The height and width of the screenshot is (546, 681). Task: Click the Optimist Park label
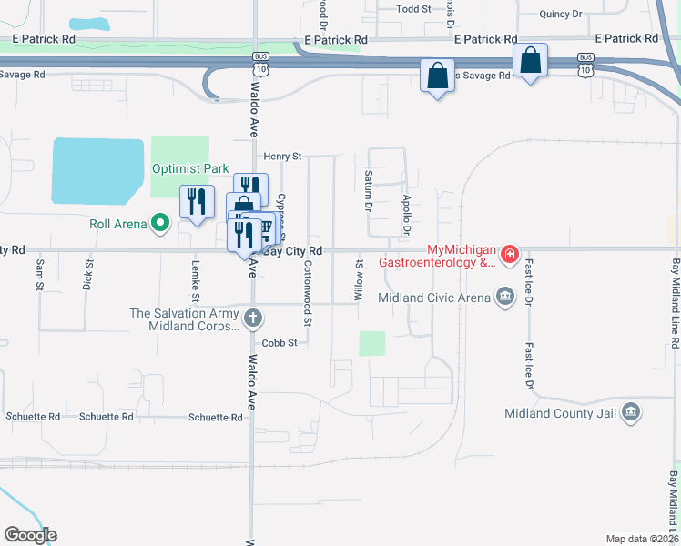click(190, 168)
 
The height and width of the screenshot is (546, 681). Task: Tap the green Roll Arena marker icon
click(160, 222)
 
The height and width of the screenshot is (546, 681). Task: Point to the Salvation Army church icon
click(253, 318)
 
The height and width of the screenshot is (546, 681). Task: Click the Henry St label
click(282, 157)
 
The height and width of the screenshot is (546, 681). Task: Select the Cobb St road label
click(280, 343)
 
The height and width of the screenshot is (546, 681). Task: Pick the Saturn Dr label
click(369, 189)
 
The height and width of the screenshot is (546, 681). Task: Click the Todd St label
click(413, 8)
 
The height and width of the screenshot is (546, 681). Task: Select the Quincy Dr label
click(560, 14)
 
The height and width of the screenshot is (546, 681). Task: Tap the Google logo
click(30, 535)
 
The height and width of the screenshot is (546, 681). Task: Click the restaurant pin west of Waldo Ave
click(197, 202)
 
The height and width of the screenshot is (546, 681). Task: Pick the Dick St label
click(88, 275)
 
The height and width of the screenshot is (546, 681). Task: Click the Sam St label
click(40, 275)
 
